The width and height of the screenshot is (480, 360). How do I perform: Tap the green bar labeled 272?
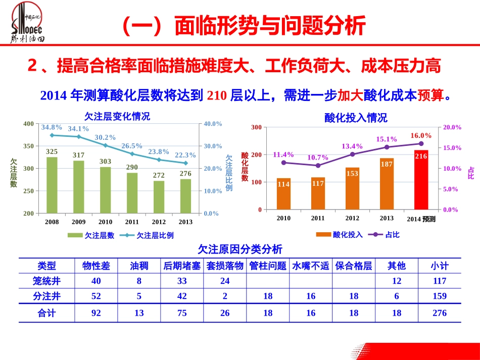tap(159, 197)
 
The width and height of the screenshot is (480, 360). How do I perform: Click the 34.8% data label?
tap(52, 127)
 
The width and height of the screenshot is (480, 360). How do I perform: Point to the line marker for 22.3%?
tap(185, 163)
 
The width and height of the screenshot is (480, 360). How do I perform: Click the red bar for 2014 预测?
tap(421, 180)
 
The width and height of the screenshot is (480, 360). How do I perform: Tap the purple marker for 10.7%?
tap(318, 166)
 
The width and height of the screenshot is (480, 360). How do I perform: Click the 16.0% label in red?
tap(421, 135)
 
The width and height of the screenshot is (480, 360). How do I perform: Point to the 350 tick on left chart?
tap(28, 146)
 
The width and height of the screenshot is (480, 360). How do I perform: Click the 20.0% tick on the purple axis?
tap(452, 128)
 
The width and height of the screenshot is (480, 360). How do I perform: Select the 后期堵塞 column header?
tap(182, 266)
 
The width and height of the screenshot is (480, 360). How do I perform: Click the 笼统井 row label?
tap(46, 281)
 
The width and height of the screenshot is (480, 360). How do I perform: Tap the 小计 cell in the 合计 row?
tap(440, 313)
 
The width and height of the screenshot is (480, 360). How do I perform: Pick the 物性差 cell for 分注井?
tap(96, 296)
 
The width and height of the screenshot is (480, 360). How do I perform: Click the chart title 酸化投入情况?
tap(356, 118)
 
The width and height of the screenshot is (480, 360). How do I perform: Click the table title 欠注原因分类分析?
tap(240, 249)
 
